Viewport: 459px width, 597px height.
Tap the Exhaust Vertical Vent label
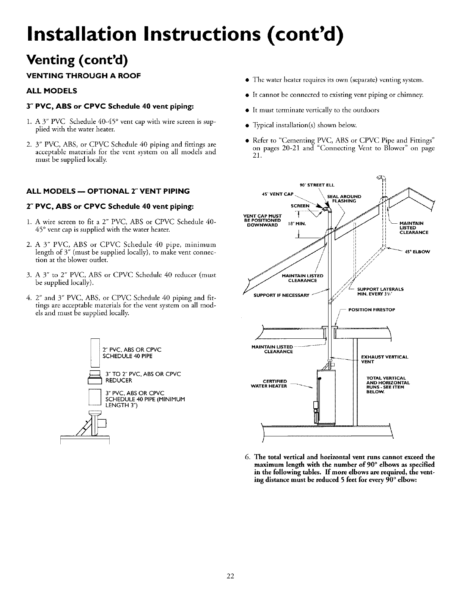coord(385,359)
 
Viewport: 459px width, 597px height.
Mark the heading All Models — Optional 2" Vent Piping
coord(108,191)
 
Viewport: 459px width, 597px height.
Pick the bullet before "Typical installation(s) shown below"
coord(247,125)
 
